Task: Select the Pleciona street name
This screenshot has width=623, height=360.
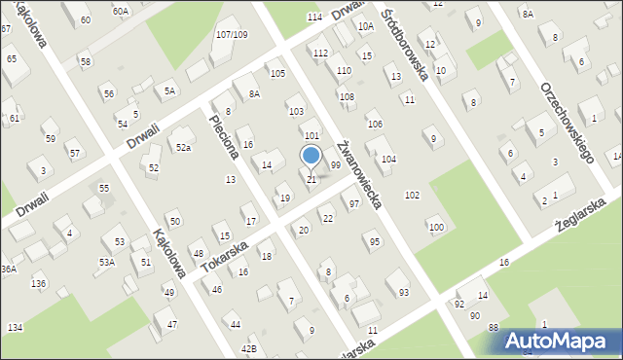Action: tap(224, 139)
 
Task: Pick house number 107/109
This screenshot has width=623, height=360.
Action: tap(232, 35)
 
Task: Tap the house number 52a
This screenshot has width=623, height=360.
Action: tap(183, 147)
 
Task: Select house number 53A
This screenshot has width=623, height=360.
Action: tap(107, 262)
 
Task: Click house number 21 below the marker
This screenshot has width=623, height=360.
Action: tap(311, 179)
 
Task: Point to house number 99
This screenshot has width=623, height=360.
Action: tap(335, 165)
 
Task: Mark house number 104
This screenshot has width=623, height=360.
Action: tap(388, 159)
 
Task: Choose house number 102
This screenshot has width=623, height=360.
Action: tap(412, 196)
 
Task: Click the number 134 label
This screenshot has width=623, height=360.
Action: tap(15, 328)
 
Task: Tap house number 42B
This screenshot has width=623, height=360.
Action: tap(249, 347)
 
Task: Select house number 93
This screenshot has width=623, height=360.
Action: tap(403, 292)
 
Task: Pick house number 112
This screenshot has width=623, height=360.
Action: tap(320, 53)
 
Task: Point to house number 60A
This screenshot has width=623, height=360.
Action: tap(120, 11)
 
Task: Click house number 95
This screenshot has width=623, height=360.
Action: tap(375, 241)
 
